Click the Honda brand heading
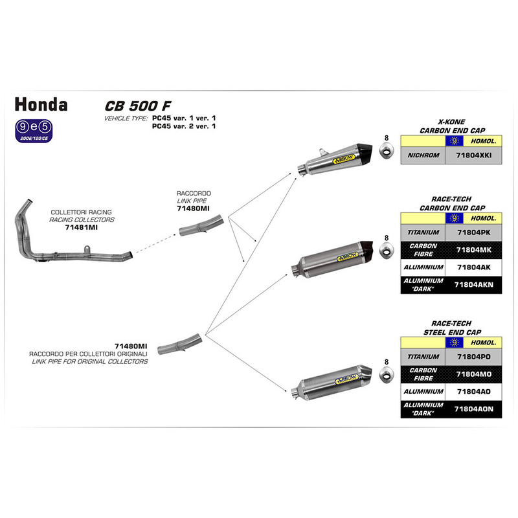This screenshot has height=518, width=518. [x=41, y=104]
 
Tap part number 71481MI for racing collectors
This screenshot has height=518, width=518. [x=82, y=227]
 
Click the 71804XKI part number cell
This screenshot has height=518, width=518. [x=473, y=155]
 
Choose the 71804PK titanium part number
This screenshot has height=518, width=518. [x=473, y=232]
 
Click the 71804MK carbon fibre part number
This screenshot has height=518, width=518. [x=473, y=250]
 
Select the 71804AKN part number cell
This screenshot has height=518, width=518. [x=473, y=284]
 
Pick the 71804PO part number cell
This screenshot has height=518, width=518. [x=473, y=357]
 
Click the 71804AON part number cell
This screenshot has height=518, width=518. [x=473, y=409]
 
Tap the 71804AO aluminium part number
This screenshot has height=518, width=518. [x=473, y=392]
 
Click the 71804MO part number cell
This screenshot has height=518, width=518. [x=473, y=374]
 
